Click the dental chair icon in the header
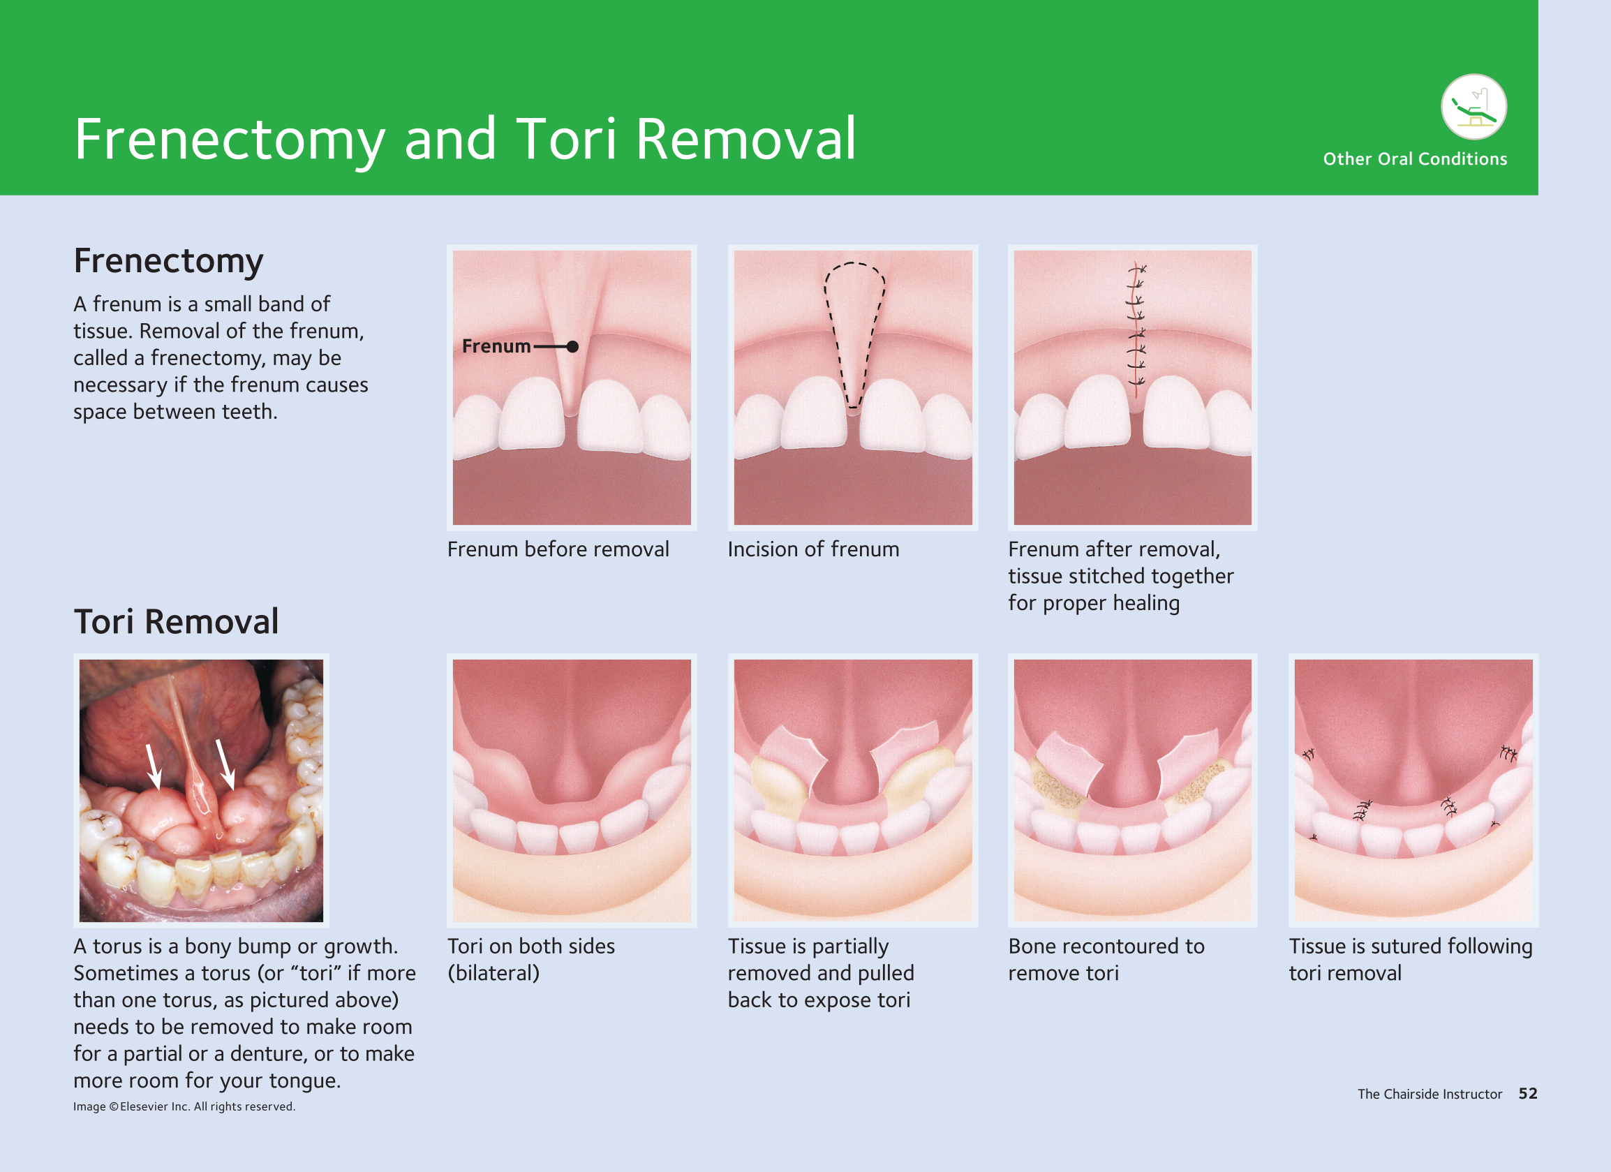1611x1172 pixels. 1474,107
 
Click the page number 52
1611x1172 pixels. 1528,1094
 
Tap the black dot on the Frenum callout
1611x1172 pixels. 572,347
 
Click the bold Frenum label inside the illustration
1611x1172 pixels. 496,346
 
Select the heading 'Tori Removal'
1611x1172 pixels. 176,621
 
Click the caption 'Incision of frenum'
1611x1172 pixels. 813,549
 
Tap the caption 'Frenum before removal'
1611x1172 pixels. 558,549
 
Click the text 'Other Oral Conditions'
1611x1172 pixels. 1415,159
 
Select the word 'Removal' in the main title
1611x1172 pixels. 746,139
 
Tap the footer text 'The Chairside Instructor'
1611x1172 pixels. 1430,1094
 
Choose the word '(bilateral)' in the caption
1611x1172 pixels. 493,973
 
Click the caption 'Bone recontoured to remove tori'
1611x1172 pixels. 1106,960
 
